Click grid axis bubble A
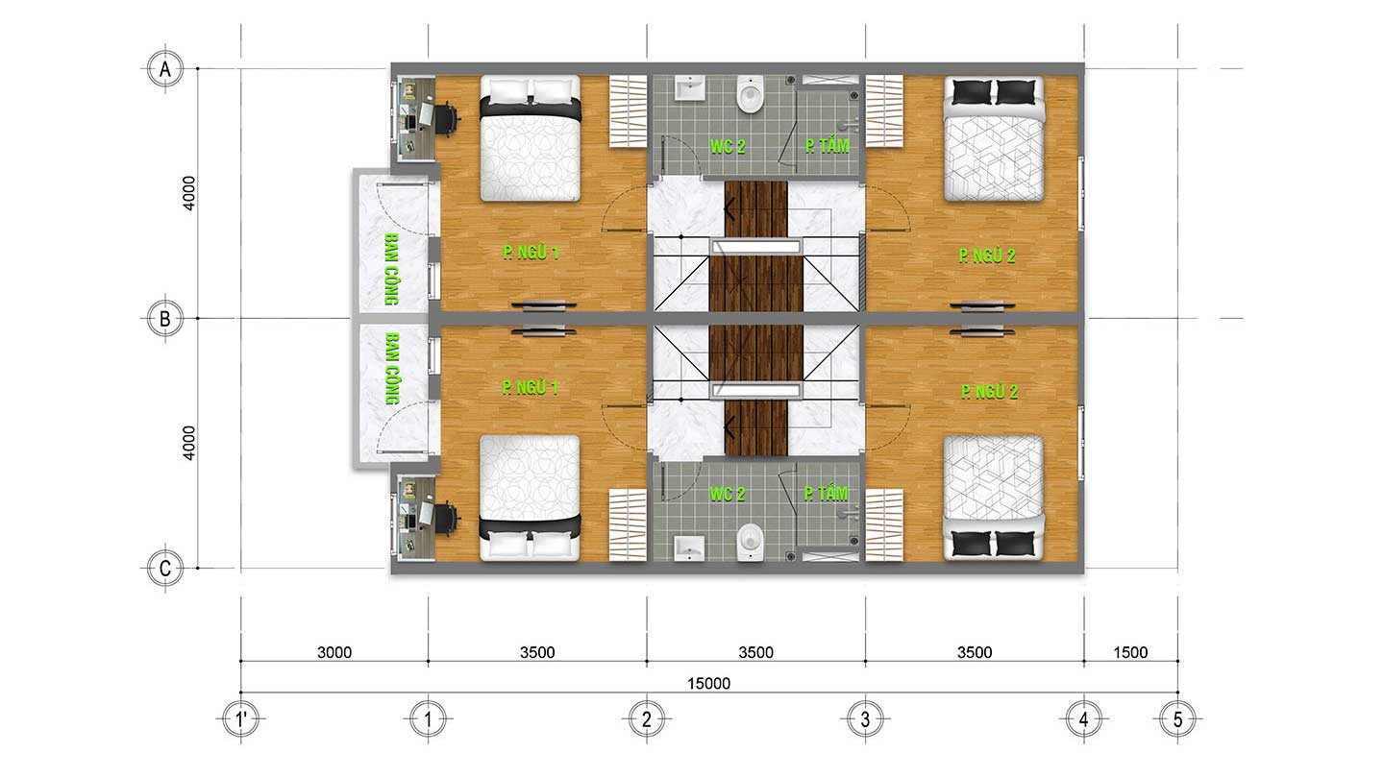coord(165,68)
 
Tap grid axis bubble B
coord(165,319)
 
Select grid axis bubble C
coord(165,568)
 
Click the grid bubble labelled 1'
coord(241,719)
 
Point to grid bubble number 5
coord(1177,719)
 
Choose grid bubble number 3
coord(865,719)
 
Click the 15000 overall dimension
coord(708,684)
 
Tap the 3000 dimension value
coord(334,653)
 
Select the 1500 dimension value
coord(1130,653)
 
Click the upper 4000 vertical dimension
coord(189,193)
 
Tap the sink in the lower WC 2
coord(688,548)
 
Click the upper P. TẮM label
coord(828,146)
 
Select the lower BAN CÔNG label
coord(392,369)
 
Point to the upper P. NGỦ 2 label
coord(987,255)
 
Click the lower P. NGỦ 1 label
coord(531,388)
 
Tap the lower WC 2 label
coord(728,494)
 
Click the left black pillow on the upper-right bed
coord(972,92)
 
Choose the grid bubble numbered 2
coord(646,719)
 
